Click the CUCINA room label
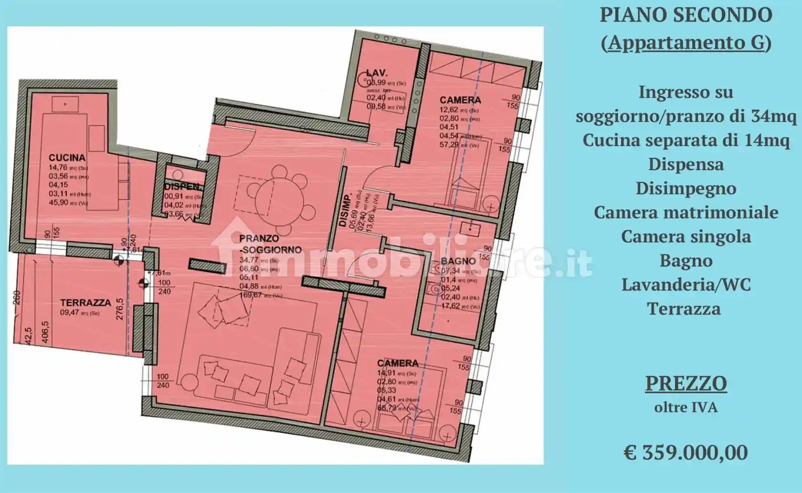67,158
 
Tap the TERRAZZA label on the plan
85,303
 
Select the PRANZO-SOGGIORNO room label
270,244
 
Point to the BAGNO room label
458,261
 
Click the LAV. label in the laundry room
377,73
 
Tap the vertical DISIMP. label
342,210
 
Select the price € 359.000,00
686,452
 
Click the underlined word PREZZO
686,383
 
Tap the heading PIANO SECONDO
686,15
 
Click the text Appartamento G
686,43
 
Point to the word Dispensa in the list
686,164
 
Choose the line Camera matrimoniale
686,213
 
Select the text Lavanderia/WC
686,285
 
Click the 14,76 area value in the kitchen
57,167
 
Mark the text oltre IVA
686,408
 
